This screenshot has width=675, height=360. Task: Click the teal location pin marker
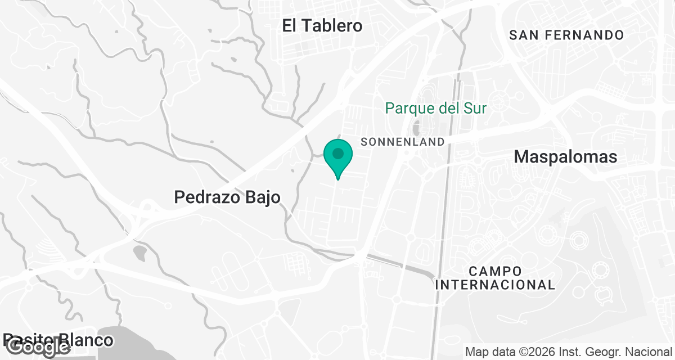pos(338,158)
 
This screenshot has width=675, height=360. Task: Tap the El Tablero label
pos(322,26)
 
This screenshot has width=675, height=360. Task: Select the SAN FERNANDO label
pos(566,35)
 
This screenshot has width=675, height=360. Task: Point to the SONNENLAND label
pos(402,142)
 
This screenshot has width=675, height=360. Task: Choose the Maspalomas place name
pos(566,157)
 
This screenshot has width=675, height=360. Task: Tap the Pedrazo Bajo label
pos(227,197)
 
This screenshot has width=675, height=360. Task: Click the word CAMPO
pos(495,272)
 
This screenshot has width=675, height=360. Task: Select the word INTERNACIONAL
pos(495,285)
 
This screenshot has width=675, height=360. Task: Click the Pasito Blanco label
pos(58,340)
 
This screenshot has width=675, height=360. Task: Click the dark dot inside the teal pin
pos(338,153)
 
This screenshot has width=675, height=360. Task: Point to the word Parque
pos(415,108)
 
